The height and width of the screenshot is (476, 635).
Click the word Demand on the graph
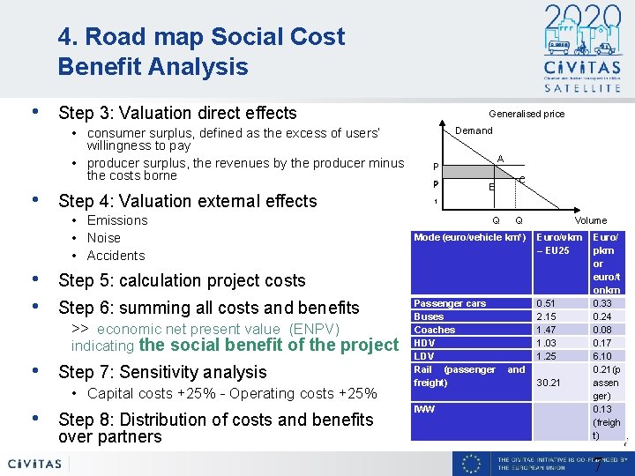(x=474, y=130)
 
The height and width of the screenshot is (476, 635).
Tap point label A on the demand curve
(x=500, y=159)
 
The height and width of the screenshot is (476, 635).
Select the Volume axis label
(x=590, y=220)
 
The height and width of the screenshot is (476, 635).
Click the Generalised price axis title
(x=527, y=114)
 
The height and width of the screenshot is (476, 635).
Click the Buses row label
(x=429, y=316)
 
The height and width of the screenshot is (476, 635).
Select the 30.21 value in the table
(x=549, y=383)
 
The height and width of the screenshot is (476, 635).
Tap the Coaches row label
(x=434, y=330)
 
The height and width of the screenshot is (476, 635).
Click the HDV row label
(x=424, y=343)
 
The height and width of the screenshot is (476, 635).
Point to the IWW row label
(x=424, y=409)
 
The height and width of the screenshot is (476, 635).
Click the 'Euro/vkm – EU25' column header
(x=559, y=244)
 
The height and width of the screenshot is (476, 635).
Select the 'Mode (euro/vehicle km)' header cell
(x=470, y=238)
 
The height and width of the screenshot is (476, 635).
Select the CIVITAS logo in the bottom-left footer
(x=35, y=464)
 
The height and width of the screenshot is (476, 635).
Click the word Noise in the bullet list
(x=104, y=238)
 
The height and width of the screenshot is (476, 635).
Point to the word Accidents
(x=116, y=256)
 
